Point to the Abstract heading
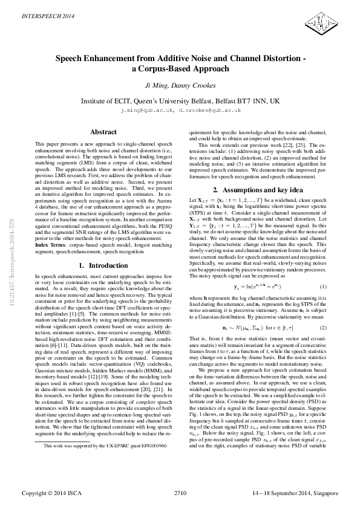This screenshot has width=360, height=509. click(103, 132)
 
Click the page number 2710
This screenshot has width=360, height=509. click(180, 493)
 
